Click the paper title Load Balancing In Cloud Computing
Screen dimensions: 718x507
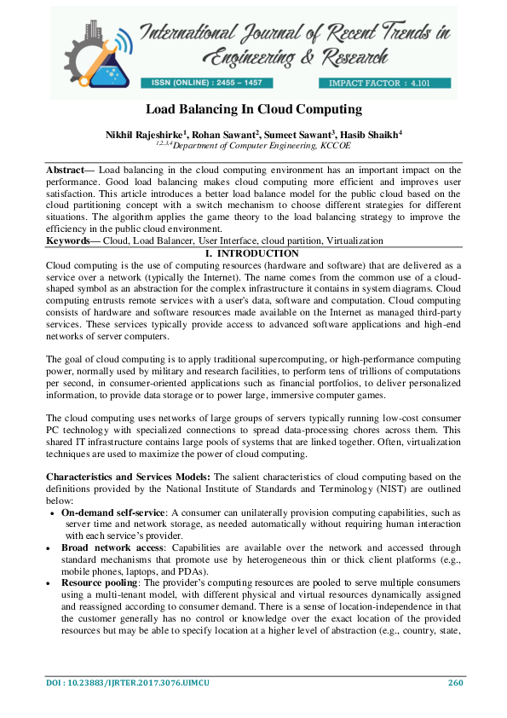[x=253, y=109]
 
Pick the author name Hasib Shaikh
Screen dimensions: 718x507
[x=373, y=134]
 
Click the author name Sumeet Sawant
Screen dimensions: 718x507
[x=298, y=134]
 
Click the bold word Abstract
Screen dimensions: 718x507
[x=65, y=171]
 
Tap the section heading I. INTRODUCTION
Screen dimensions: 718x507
[x=253, y=253]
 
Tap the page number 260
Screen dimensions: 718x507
[x=454, y=682]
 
